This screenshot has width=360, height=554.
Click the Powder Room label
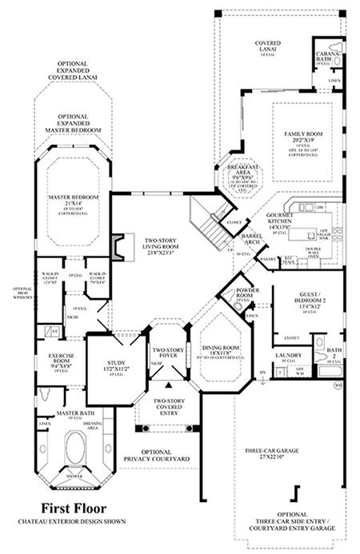[x=239, y=294]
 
